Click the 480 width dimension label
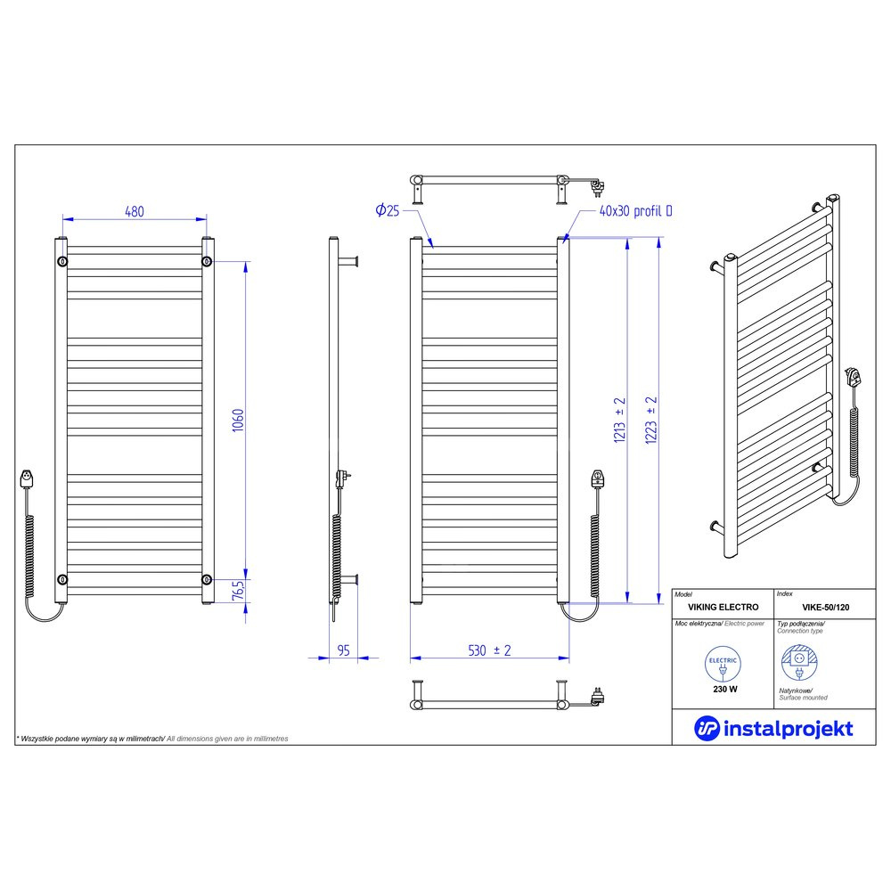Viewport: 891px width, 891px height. (135, 211)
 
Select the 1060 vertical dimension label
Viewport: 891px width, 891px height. (238, 420)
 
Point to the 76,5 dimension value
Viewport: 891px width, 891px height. (239, 590)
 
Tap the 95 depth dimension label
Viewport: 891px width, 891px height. (343, 650)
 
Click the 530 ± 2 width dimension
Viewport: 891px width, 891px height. (489, 650)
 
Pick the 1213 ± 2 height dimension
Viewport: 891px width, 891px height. (619, 420)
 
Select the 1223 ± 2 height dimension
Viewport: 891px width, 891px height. (651, 420)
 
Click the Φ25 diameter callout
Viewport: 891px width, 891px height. (388, 211)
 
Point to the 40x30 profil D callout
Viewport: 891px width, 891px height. (636, 211)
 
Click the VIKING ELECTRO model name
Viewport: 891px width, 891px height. (723, 607)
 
